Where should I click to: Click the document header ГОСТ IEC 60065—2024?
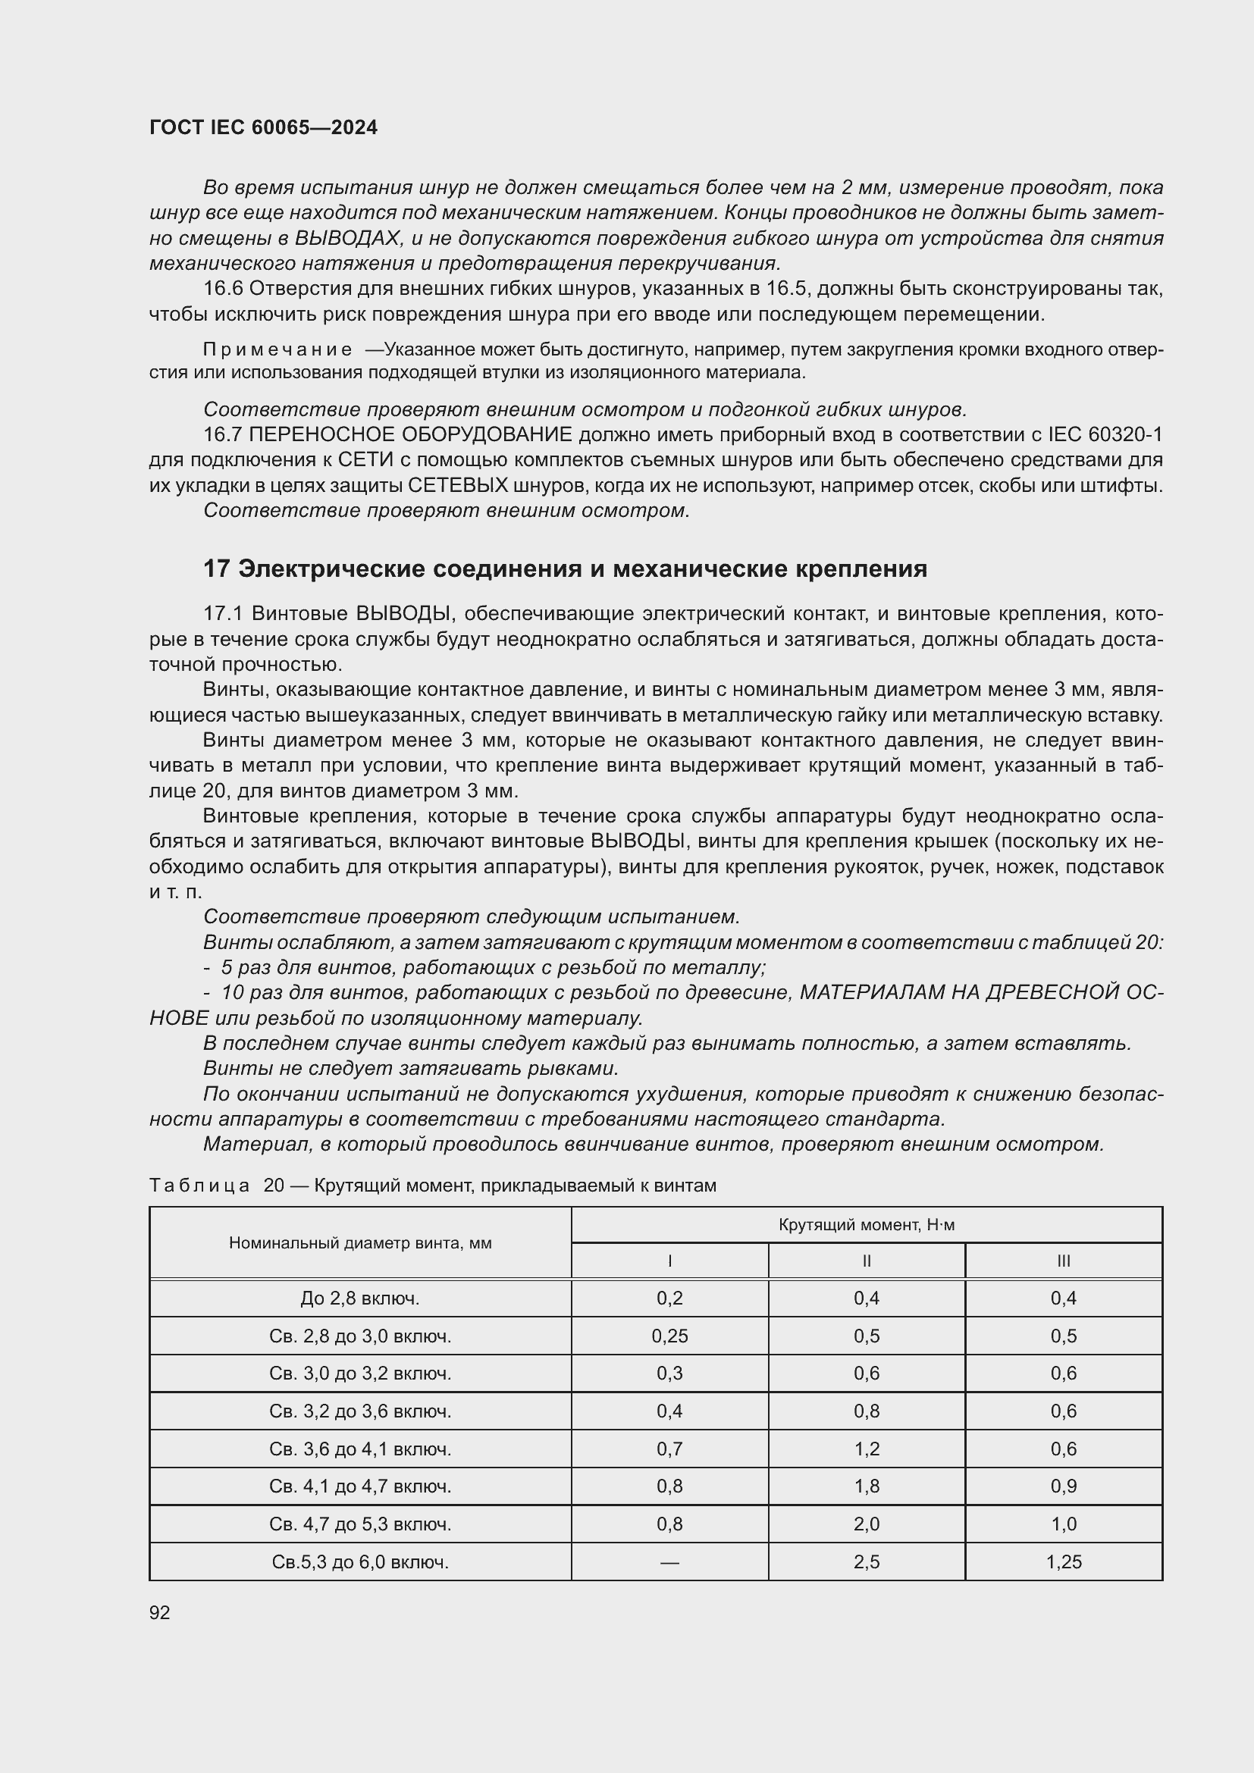point(263,128)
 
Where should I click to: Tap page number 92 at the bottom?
point(160,1612)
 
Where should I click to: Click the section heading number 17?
point(216,569)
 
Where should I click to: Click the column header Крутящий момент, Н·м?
point(867,1225)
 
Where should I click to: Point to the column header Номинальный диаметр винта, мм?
point(360,1243)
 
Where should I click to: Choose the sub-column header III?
point(1063,1261)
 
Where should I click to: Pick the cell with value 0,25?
point(669,1336)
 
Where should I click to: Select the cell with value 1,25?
point(1063,1562)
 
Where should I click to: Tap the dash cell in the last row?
point(669,1562)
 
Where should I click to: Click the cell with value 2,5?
point(867,1562)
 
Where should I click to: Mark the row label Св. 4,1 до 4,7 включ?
point(360,1486)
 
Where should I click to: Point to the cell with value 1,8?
point(867,1486)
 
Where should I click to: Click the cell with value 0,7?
point(669,1449)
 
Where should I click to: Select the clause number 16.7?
point(222,435)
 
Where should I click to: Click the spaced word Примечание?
point(277,349)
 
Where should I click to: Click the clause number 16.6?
point(222,289)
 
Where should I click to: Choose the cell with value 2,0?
point(867,1524)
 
